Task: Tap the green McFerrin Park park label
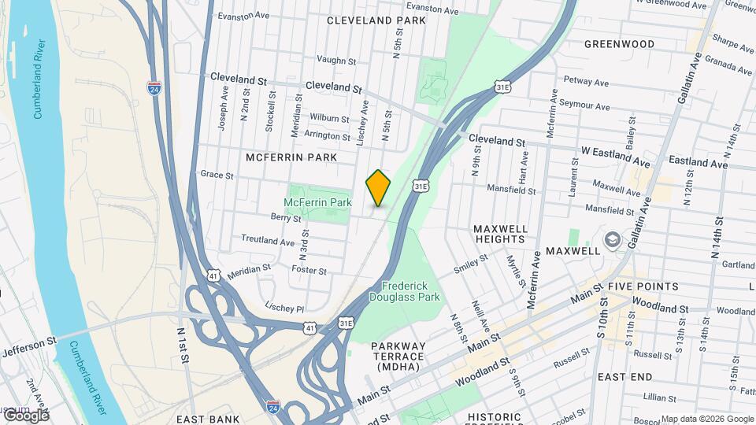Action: [319, 202]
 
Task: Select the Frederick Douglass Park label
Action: [409, 291]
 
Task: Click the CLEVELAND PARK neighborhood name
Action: [376, 20]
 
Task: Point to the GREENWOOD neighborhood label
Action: [619, 44]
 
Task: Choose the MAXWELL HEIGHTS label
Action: [500, 235]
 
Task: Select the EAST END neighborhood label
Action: [624, 377]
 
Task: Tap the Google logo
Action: [25, 415]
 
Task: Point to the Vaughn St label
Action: [336, 60]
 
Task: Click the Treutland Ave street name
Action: [267, 240]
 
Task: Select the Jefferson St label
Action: [30, 346]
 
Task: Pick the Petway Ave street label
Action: [587, 81]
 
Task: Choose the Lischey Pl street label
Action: [285, 307]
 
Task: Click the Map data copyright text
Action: [707, 419]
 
